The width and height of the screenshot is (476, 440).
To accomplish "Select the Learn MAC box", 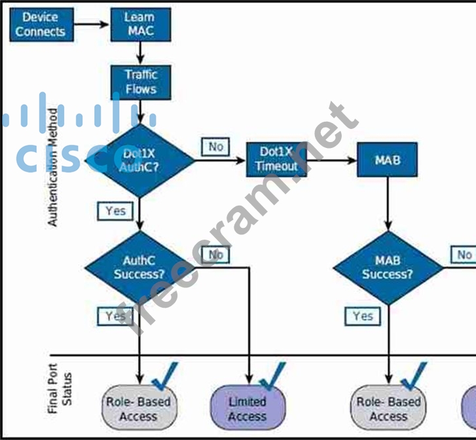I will (x=140, y=24).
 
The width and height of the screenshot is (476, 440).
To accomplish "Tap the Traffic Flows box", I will (x=140, y=82).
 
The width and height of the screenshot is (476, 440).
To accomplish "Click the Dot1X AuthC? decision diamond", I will (x=139, y=160).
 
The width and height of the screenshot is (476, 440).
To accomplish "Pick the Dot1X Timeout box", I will (x=276, y=158).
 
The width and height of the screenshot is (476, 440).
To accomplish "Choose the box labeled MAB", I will (x=388, y=159).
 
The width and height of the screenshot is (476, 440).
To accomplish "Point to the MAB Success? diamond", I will (x=388, y=267).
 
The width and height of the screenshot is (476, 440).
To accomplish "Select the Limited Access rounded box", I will (x=247, y=408).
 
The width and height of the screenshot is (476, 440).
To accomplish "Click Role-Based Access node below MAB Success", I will (x=388, y=408).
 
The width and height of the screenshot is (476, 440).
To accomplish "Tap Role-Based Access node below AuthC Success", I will (x=138, y=408).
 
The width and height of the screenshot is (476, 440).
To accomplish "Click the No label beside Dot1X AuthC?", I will (x=215, y=147).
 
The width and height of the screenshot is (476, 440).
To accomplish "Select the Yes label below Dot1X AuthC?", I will (x=115, y=211).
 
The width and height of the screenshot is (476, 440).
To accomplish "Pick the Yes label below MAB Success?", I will (x=363, y=316).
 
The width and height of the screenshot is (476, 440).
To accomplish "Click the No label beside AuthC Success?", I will (x=215, y=254).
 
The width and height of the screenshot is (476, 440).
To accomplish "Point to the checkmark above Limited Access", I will (x=272, y=377).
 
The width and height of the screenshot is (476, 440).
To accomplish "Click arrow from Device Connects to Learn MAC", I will (x=92, y=24).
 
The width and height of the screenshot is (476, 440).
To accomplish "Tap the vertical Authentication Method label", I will (x=52, y=168).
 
